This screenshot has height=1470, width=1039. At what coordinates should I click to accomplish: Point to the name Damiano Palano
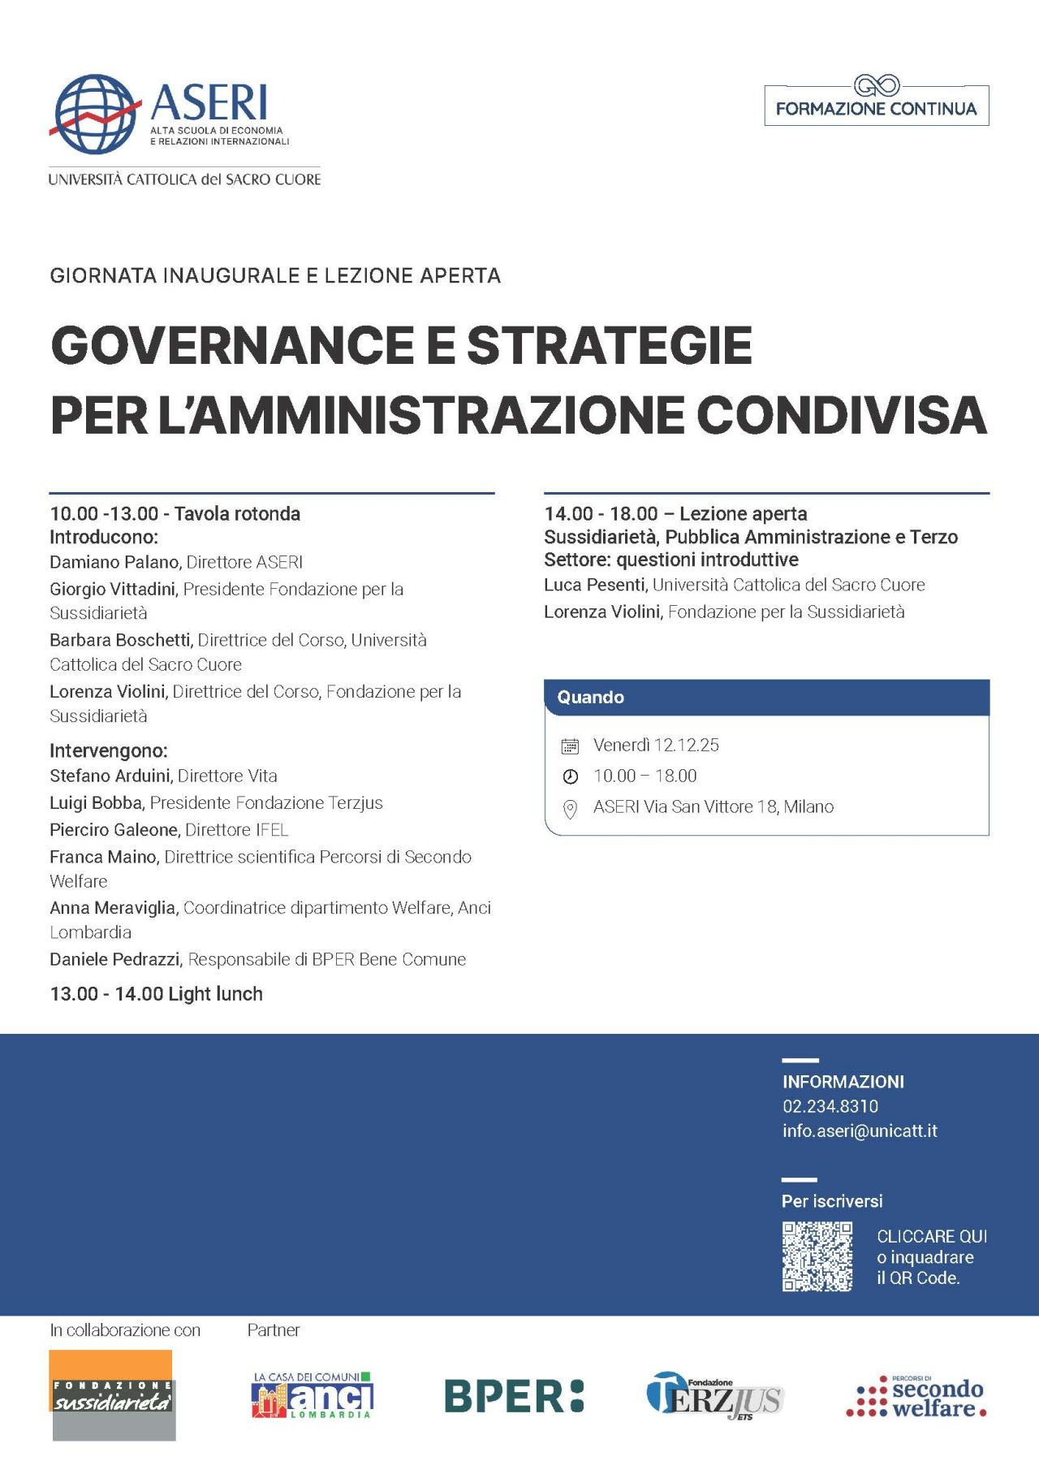click(114, 562)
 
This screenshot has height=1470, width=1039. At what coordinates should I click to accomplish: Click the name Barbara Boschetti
click(120, 640)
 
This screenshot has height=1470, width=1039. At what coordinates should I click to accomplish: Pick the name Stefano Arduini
click(110, 776)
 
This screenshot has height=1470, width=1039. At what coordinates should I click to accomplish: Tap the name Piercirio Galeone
click(114, 830)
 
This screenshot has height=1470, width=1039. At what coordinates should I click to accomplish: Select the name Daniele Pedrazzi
click(114, 959)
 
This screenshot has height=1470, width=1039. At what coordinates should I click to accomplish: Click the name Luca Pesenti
click(594, 585)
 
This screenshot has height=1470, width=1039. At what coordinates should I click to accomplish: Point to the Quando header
click(590, 697)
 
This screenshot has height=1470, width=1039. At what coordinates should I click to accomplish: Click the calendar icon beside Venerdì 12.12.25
click(570, 746)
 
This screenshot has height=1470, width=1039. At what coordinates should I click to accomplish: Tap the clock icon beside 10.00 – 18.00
click(570, 776)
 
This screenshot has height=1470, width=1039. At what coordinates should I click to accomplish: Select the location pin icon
click(570, 809)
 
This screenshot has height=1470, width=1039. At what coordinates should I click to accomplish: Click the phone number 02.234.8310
click(830, 1106)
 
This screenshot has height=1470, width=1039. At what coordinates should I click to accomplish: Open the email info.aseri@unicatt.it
click(859, 1131)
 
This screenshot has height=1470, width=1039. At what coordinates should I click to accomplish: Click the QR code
click(817, 1256)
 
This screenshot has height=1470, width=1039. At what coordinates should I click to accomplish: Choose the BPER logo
click(514, 1396)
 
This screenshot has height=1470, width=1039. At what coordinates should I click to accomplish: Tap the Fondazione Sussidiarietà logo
click(112, 1395)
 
